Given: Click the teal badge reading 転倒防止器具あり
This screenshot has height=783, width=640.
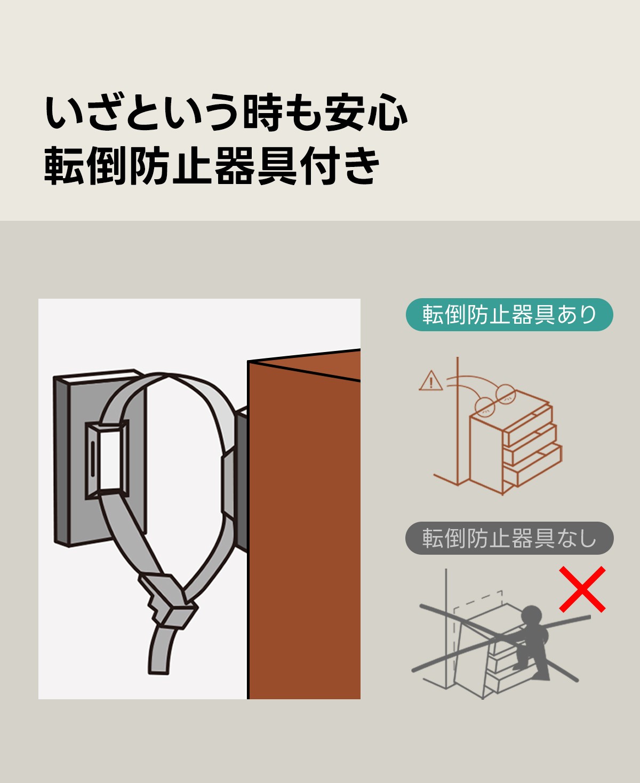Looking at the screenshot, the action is [509, 315].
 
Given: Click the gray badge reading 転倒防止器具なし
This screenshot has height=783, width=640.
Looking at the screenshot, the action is [509, 538].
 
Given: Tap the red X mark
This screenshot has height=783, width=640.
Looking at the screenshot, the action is [582, 589].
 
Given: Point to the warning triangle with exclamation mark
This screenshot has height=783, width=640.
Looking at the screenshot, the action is [430, 381].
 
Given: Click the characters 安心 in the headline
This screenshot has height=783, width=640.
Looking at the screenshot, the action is [366, 113].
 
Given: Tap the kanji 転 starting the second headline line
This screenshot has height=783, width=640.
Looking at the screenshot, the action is [65, 165].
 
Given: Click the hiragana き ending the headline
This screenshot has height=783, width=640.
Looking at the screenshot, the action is [359, 165].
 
